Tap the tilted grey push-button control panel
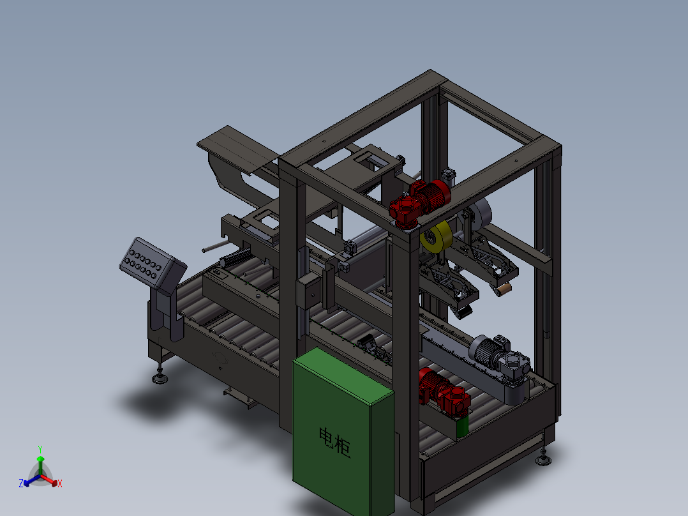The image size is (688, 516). click(151, 263)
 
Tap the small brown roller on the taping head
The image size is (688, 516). click(502, 291)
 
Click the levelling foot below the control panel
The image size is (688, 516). click(160, 378)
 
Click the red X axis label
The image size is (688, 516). click(60, 484)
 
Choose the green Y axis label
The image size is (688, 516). click(40, 450)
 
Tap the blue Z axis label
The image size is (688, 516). click(21, 483)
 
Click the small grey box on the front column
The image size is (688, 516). click(309, 291)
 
